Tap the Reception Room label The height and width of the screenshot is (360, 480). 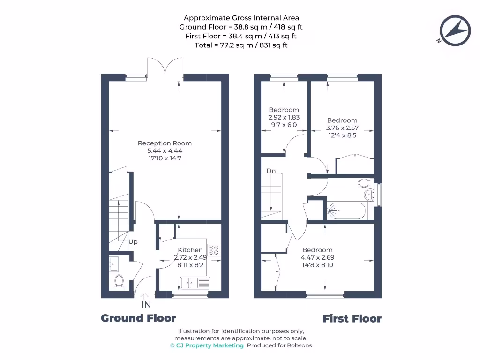pyautogui.click(x=165, y=143)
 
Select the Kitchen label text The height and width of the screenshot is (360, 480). pyautogui.click(x=190, y=250)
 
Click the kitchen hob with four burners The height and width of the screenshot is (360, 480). pyautogui.click(x=214, y=250)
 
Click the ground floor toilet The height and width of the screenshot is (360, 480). pyautogui.click(x=119, y=282)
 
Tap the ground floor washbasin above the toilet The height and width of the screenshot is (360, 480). pyautogui.click(x=114, y=263)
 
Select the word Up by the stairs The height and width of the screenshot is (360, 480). pyautogui.click(x=133, y=242)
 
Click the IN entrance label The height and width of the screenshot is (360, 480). pyautogui.click(x=146, y=305)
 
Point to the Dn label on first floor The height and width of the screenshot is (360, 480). pyautogui.click(x=271, y=171)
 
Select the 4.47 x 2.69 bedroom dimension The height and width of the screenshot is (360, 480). pyautogui.click(x=317, y=257)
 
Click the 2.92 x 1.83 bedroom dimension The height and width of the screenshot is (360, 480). pyautogui.click(x=284, y=117)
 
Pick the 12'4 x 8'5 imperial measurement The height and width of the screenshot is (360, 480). pyautogui.click(x=342, y=135)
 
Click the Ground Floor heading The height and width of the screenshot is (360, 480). pyautogui.click(x=139, y=318)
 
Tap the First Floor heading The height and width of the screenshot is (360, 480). pyautogui.click(x=352, y=319)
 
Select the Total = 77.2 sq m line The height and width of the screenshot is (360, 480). pyautogui.click(x=241, y=45)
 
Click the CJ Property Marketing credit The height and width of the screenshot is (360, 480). pyautogui.click(x=207, y=345)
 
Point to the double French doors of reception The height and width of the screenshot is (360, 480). pyautogui.click(x=164, y=68)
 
